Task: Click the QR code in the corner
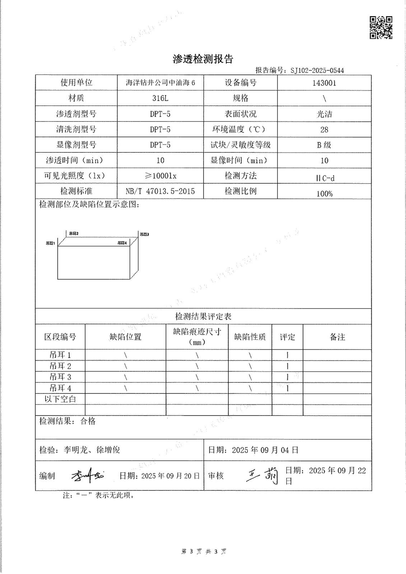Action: tap(381, 27)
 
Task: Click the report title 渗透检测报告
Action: tap(203, 59)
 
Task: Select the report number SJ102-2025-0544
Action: tap(317, 70)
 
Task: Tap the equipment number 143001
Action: tap(324, 83)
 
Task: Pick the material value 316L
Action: tap(160, 98)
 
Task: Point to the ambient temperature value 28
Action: tap(324, 130)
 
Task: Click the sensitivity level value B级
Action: tap(324, 145)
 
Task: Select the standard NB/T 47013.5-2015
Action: tap(160, 191)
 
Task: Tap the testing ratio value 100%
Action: tap(324, 194)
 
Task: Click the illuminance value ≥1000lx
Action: tap(160, 176)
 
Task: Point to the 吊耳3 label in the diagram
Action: tap(144, 234)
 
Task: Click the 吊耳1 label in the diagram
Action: tap(50, 243)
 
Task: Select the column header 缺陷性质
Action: tap(250, 337)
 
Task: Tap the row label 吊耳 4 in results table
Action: tap(60, 388)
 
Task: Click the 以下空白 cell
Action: tap(60, 399)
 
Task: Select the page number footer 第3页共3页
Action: tap(204, 551)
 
